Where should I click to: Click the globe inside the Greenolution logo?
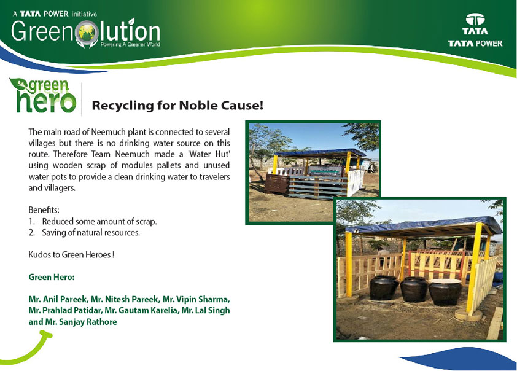pyautogui.click(x=87, y=33)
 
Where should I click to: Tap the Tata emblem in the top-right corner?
pyautogui.click(x=475, y=20)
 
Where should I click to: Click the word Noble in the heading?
pyautogui.click(x=199, y=106)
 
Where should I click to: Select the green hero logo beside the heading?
pyautogui.click(x=43, y=95)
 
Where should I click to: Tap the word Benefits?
pyautogui.click(x=44, y=209)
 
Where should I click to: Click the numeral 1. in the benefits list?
pyautogui.click(x=32, y=221)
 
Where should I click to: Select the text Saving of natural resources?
pyautogui.click(x=91, y=233)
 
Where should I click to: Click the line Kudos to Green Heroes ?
pyautogui.click(x=71, y=254)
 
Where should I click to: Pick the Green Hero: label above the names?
pyautogui.click(x=52, y=277)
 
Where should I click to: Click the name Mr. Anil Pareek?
pyautogui.click(x=58, y=299)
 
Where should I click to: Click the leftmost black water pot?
pyautogui.click(x=384, y=287)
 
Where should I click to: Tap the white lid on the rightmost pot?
pyautogui.click(x=445, y=281)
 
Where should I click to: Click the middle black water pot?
pyautogui.click(x=414, y=289)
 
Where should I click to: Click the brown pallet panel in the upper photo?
pyautogui.click(x=277, y=184)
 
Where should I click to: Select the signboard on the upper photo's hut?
pyautogui.click(x=325, y=171)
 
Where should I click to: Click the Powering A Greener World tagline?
pyautogui.click(x=130, y=44)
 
